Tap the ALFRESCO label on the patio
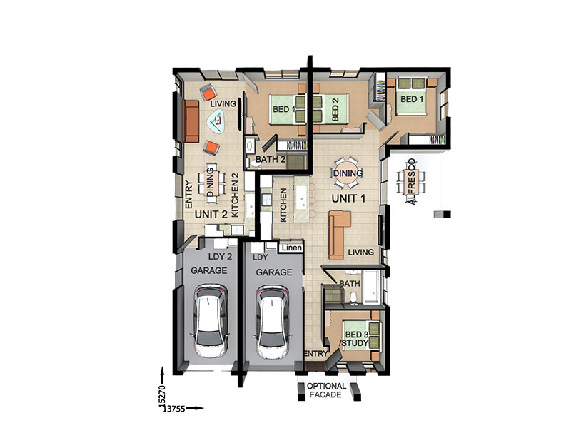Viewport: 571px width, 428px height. [412, 181]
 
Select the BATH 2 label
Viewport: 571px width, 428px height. [271, 159]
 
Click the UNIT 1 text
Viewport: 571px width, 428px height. [348, 198]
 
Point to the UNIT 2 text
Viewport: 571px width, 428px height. [211, 215]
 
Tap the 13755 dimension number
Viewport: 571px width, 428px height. [173, 409]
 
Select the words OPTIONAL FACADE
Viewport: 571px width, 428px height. [326, 390]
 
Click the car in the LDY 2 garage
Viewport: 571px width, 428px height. [211, 320]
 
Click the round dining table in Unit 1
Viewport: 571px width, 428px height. [348, 173]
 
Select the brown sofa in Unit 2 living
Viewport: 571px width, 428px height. [191, 121]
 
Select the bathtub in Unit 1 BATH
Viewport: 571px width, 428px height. [371, 287]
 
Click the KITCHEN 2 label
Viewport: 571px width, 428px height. [236, 194]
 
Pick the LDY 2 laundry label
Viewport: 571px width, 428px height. [220, 257]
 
